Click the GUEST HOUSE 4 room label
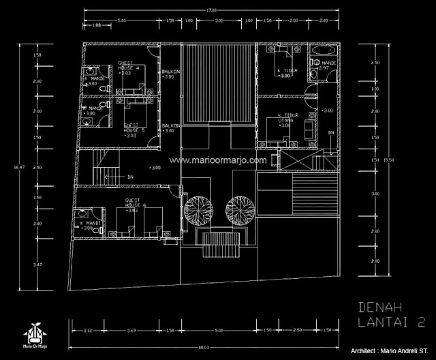(x=129, y=66)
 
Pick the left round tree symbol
(x=201, y=208)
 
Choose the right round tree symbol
(x=241, y=208)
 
